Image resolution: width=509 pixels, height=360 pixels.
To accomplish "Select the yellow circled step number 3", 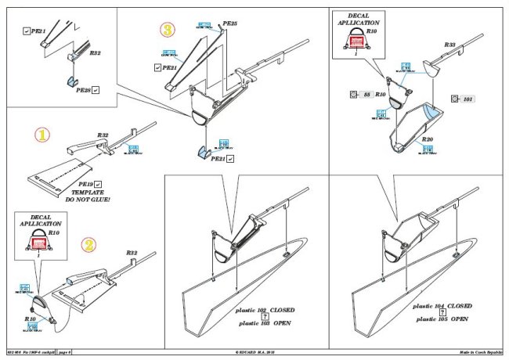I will click(167, 31).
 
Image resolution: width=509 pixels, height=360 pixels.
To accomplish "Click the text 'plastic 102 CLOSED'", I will click(270, 311).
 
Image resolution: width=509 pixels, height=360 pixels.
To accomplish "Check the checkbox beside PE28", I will click(96, 92).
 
